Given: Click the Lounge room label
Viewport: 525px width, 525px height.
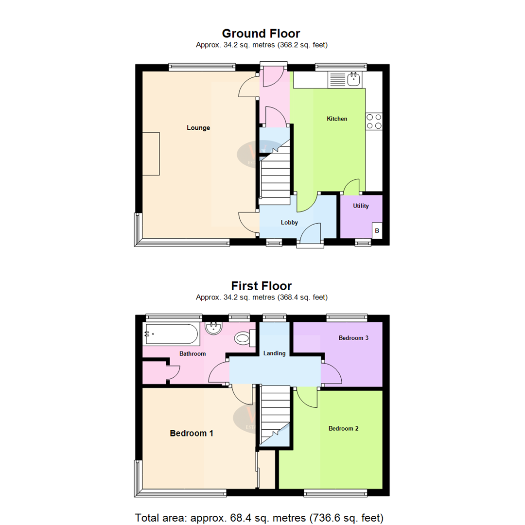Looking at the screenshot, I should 198,128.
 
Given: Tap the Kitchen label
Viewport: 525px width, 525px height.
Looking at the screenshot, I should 337,119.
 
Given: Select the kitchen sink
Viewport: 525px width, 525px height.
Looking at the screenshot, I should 345,80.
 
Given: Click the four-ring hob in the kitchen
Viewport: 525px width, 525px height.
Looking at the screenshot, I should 374,121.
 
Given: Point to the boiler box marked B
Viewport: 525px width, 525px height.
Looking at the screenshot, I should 376,231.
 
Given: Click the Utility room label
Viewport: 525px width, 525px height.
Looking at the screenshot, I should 361,206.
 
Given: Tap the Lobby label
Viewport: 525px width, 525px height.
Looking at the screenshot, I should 289,223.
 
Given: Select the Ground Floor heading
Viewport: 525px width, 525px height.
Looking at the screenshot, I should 261,34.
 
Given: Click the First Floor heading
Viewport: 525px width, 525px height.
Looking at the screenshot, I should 261,285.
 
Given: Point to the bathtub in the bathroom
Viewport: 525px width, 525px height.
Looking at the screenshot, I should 171,334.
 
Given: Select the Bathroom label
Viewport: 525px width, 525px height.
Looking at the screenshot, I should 193,354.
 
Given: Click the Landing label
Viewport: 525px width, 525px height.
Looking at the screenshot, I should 274,353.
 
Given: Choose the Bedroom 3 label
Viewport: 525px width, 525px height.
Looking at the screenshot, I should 353,338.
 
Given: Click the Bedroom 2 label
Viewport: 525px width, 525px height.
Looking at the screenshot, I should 344,428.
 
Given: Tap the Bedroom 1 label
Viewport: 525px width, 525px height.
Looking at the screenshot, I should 192,433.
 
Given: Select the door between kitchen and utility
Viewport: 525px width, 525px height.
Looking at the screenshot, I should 352,187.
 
